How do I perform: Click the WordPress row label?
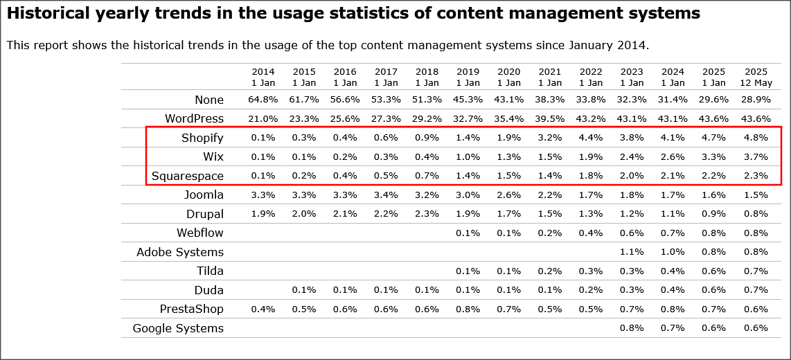click(194, 118)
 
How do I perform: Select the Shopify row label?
click(202, 138)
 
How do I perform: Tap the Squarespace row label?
click(187, 176)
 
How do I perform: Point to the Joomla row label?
click(204, 195)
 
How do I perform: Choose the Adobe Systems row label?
click(180, 252)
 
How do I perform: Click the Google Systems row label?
click(178, 328)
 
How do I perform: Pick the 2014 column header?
click(263, 76)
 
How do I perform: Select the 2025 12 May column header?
click(756, 76)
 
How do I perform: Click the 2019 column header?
click(468, 76)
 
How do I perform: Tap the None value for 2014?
click(263, 100)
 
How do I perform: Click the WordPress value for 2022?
click(591, 118)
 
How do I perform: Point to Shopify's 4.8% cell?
click(756, 138)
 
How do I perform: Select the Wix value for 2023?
click(632, 156)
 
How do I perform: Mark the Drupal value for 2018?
click(427, 214)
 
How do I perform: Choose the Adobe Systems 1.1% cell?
click(632, 252)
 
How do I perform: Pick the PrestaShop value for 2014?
click(263, 309)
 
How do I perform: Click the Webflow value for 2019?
click(468, 233)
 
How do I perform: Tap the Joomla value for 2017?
click(386, 195)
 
